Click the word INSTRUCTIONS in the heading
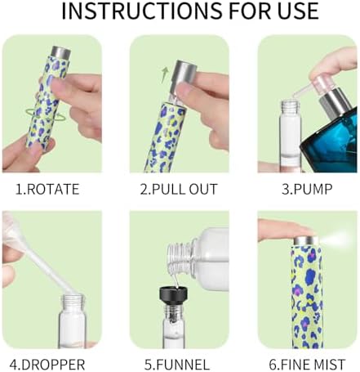pos(141,11)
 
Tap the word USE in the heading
pos(298,11)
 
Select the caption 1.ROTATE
pos(47,189)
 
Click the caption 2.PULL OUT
pos(179,189)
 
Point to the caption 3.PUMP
pos(307,189)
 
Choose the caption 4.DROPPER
pos(47,364)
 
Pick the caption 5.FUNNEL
pos(177,364)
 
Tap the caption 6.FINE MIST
pos(307,364)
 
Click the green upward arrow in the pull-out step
pos(164,75)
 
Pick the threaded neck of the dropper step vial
pos(73,302)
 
